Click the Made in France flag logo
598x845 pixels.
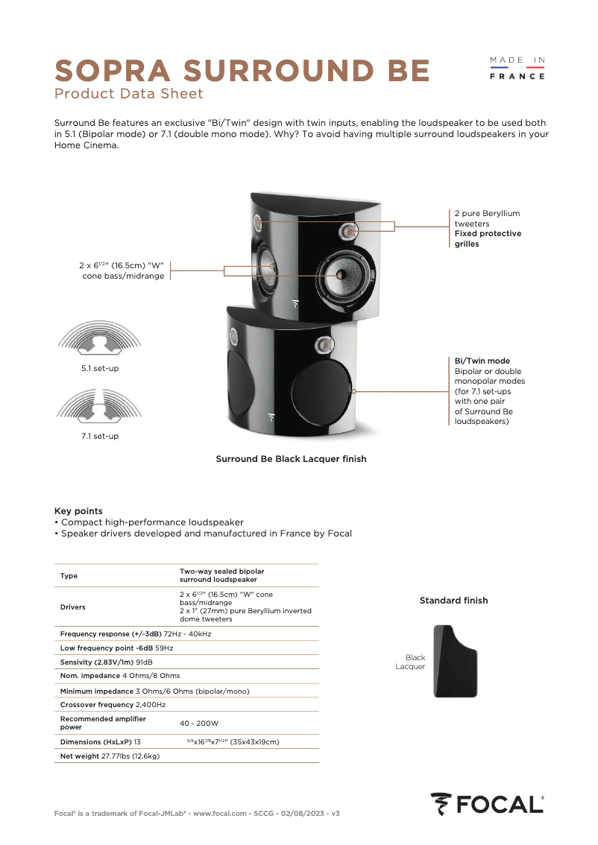click(517, 68)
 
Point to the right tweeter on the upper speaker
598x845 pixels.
click(348, 232)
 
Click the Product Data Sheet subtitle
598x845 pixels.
click(128, 94)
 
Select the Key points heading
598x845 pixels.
click(78, 511)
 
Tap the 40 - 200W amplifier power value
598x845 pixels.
click(199, 723)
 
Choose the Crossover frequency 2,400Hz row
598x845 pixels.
click(113, 704)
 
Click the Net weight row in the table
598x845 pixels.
click(110, 756)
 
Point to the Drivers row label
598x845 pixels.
click(73, 607)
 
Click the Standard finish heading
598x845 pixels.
click(453, 601)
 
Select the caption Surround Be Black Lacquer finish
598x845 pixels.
click(291, 459)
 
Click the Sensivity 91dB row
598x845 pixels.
click(106, 662)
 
